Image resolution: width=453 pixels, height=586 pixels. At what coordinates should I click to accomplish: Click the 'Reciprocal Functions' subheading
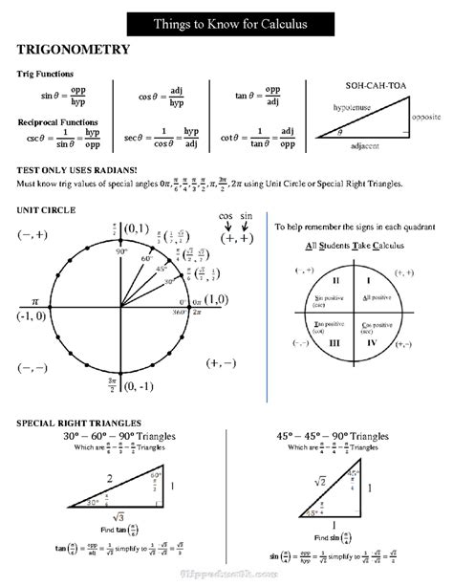57,122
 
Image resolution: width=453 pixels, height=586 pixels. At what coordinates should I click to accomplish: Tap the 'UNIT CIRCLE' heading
46,209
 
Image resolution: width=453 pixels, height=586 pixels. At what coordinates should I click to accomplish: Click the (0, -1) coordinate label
137,386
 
